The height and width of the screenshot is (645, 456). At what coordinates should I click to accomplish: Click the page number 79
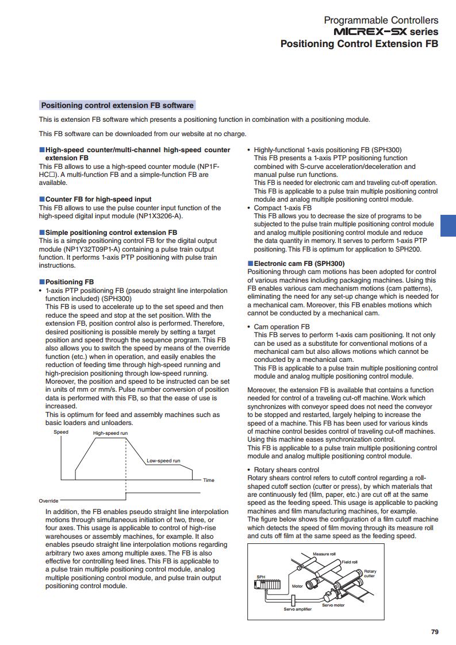click(x=435, y=632)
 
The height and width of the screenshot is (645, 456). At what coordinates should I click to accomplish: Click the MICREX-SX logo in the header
click(x=373, y=32)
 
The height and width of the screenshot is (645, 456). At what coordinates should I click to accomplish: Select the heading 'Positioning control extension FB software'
click(x=117, y=105)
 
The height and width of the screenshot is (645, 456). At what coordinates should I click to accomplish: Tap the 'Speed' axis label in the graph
click(x=61, y=432)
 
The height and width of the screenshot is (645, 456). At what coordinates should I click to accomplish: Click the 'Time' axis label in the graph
click(x=208, y=480)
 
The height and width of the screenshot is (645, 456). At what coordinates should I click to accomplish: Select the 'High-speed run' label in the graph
click(x=110, y=433)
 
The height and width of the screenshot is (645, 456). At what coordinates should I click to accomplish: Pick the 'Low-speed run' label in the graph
click(x=163, y=461)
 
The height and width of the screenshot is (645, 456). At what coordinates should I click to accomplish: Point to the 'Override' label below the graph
click(x=48, y=501)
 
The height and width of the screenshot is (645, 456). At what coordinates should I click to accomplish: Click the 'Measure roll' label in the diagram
click(x=324, y=554)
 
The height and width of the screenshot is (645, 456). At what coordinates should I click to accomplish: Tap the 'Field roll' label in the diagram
click(x=350, y=562)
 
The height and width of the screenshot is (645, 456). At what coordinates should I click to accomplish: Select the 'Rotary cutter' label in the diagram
click(x=370, y=573)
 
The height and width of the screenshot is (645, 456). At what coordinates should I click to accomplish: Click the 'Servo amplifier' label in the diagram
click(x=297, y=609)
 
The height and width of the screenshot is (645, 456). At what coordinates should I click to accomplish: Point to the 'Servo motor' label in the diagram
click(x=333, y=605)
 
